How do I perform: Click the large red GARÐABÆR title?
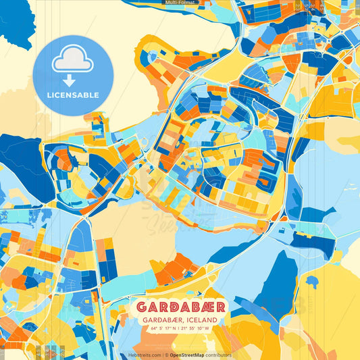180,307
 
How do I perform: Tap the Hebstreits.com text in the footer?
143,355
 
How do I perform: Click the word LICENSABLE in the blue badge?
73,95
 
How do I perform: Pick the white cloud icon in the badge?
72,60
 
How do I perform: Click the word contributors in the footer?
220,355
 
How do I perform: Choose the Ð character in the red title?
173,307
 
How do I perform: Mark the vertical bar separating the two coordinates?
180,329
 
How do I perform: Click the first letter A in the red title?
153,307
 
